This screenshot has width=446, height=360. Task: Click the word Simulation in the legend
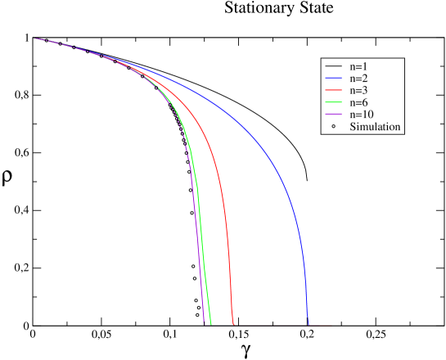point(375,127)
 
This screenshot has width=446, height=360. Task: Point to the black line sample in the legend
point(333,66)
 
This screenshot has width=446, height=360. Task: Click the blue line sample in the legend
point(333,79)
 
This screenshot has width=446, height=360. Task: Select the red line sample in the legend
point(333,91)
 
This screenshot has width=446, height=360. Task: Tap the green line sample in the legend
point(333,102)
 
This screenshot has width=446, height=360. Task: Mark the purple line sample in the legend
point(333,115)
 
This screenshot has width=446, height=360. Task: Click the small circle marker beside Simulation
point(333,127)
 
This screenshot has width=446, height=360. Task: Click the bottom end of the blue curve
point(309,324)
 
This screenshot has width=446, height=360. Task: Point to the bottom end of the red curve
point(234,324)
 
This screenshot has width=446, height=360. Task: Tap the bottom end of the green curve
point(211,324)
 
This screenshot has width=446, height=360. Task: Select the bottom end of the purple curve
point(204,324)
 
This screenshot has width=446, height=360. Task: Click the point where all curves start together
point(34,38)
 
